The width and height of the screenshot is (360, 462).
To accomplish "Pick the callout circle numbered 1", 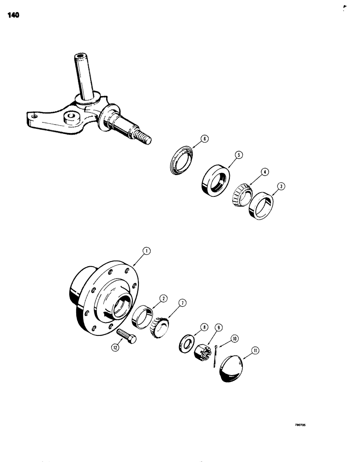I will pyautogui.click(x=146, y=251).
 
